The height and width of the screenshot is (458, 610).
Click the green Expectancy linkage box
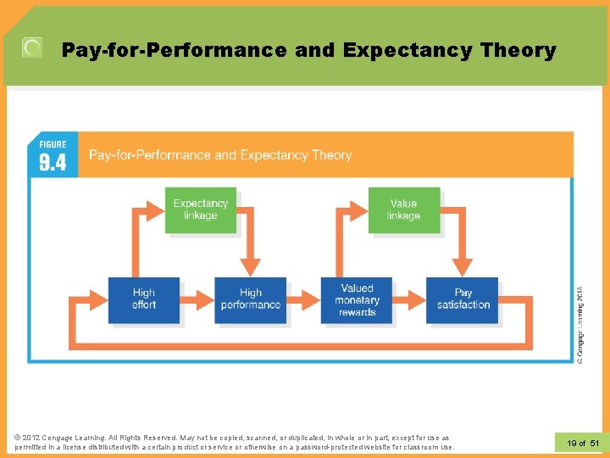click(201, 209)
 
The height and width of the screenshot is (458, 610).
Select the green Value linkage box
click(403, 209)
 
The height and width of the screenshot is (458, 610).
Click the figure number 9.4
click(53, 162)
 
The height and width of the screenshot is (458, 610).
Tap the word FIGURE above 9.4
click(53, 144)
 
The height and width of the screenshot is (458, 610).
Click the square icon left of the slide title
click(32, 48)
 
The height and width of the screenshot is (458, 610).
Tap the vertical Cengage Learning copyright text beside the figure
click(579, 325)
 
